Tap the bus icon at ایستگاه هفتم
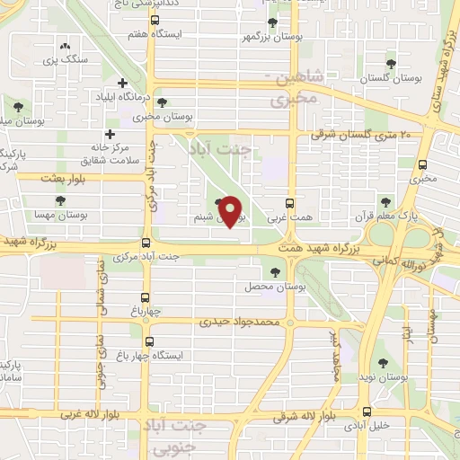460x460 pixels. pos(155,20)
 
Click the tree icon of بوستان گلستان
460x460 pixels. pos(391,63)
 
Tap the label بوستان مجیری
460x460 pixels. pos(152,116)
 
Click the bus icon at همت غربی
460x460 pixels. pos(289,203)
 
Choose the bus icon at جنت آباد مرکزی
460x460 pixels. pos(146,243)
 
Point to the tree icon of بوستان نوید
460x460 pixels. pos(384,364)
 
